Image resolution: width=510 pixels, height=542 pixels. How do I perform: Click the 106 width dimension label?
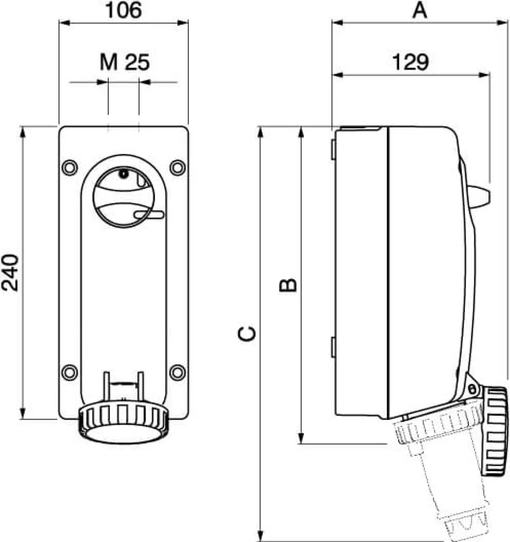click(x=124, y=10)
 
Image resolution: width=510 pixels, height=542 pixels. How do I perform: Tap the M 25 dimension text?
click(x=125, y=62)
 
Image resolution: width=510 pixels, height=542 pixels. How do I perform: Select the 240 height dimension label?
click(x=10, y=273)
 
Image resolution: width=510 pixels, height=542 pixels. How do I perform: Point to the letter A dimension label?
click(x=419, y=10)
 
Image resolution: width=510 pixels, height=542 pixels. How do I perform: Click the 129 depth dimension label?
click(x=410, y=62)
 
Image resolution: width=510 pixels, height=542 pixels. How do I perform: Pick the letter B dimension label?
click(x=288, y=285)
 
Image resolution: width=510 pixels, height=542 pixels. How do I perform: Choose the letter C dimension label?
click(x=247, y=334)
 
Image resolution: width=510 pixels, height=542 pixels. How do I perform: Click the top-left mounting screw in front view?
click(x=70, y=167)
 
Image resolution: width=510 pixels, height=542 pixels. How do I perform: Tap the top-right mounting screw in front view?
click(x=177, y=167)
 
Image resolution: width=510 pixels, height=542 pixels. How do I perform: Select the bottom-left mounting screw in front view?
click(x=70, y=372)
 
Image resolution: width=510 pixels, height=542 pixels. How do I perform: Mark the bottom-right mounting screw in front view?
click(x=177, y=372)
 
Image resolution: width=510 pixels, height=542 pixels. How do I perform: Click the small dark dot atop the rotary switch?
click(x=124, y=173)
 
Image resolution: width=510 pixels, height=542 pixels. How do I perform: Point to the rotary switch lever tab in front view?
click(x=149, y=215)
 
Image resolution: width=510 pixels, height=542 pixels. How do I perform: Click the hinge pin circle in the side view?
click(x=472, y=388)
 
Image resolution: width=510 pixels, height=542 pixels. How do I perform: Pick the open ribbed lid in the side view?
click(x=495, y=432)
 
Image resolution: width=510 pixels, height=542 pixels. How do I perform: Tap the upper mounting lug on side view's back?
click(x=334, y=150)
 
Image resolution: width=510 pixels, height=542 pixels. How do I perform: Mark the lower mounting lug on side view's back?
click(x=334, y=347)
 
